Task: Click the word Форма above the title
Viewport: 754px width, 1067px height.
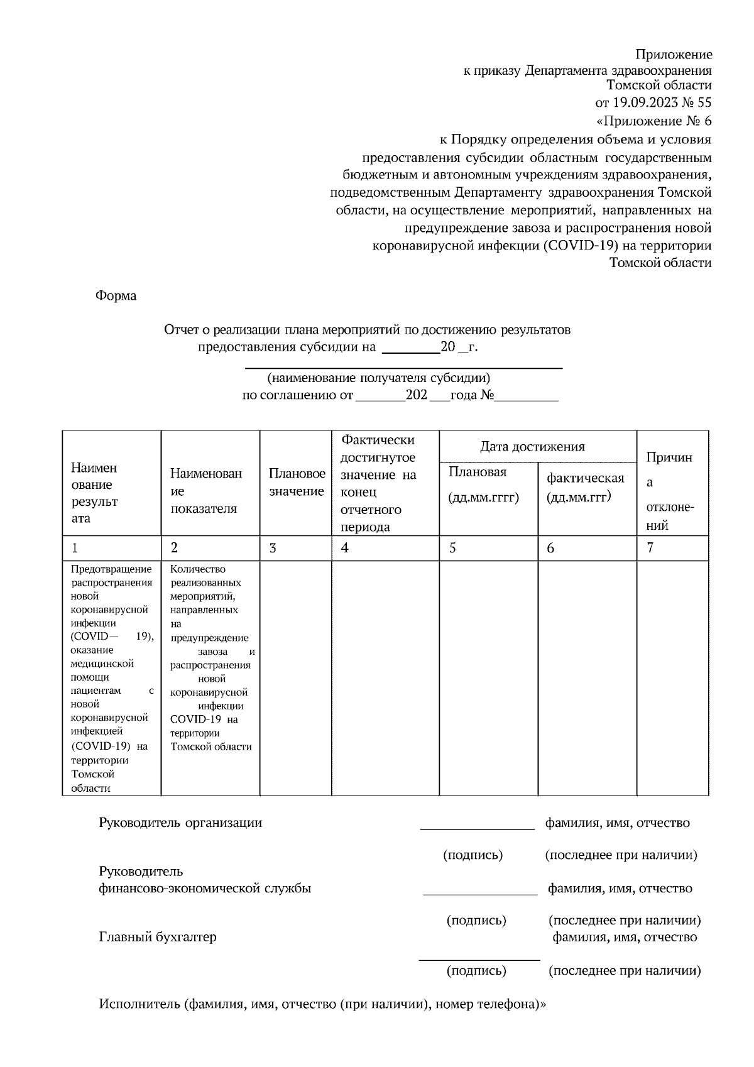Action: [x=116, y=295]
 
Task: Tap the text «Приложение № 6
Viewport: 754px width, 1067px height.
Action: [x=653, y=121]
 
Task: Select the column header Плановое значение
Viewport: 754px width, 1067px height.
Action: [x=297, y=483]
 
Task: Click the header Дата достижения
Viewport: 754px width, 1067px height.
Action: [x=532, y=447]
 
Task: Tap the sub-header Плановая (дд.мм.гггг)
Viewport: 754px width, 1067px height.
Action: [x=483, y=484]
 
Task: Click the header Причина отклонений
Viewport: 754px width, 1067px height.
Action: [x=670, y=491]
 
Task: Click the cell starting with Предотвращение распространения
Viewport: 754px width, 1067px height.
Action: [x=112, y=679]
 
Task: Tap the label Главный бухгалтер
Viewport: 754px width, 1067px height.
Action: [x=158, y=937]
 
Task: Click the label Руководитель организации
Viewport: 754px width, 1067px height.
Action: [x=180, y=823]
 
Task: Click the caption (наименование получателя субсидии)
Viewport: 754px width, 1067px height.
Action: [x=378, y=378]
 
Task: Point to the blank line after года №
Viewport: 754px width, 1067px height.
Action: [x=527, y=400]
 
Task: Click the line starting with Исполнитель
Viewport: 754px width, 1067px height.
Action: [x=322, y=1004]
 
